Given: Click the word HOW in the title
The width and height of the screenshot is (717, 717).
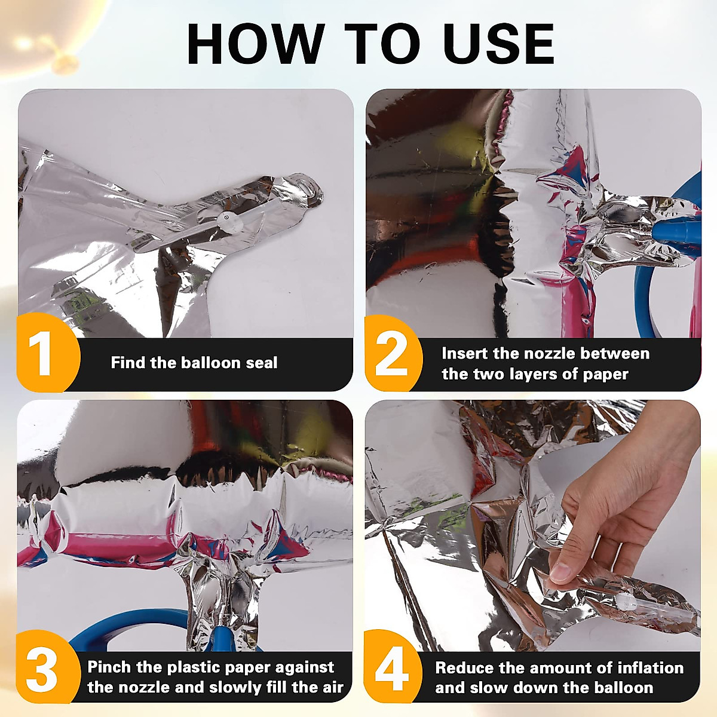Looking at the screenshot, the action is point(256,44).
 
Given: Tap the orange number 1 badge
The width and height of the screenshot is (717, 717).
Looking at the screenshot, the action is point(48,352).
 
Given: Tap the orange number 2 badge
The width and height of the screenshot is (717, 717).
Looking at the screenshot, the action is point(393,353).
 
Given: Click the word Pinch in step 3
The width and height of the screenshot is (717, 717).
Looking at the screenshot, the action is point(109,667).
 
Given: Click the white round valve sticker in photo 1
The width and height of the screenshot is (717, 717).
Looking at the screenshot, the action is point(226,219).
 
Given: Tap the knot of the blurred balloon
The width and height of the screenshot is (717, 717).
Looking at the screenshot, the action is point(65,64).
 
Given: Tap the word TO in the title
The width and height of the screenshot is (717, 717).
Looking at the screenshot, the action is point(381,44).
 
